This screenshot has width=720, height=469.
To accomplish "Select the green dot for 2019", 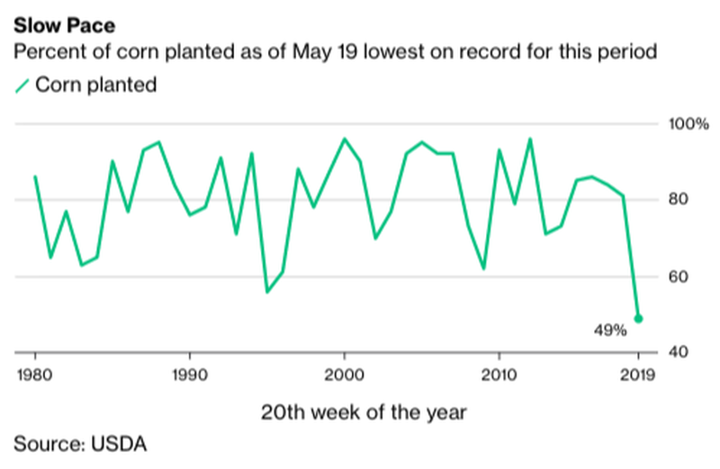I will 638,318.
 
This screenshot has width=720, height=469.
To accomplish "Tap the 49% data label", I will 609,331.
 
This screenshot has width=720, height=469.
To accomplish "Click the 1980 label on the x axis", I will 35,373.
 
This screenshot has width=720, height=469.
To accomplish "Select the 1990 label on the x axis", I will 189,373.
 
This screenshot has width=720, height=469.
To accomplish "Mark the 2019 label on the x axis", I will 638,373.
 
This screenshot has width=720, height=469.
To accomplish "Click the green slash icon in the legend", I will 21,86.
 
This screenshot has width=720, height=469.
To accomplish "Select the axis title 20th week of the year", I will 364,413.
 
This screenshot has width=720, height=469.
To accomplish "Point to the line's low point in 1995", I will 266,292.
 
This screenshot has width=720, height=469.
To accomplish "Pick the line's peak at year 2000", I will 344,139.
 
